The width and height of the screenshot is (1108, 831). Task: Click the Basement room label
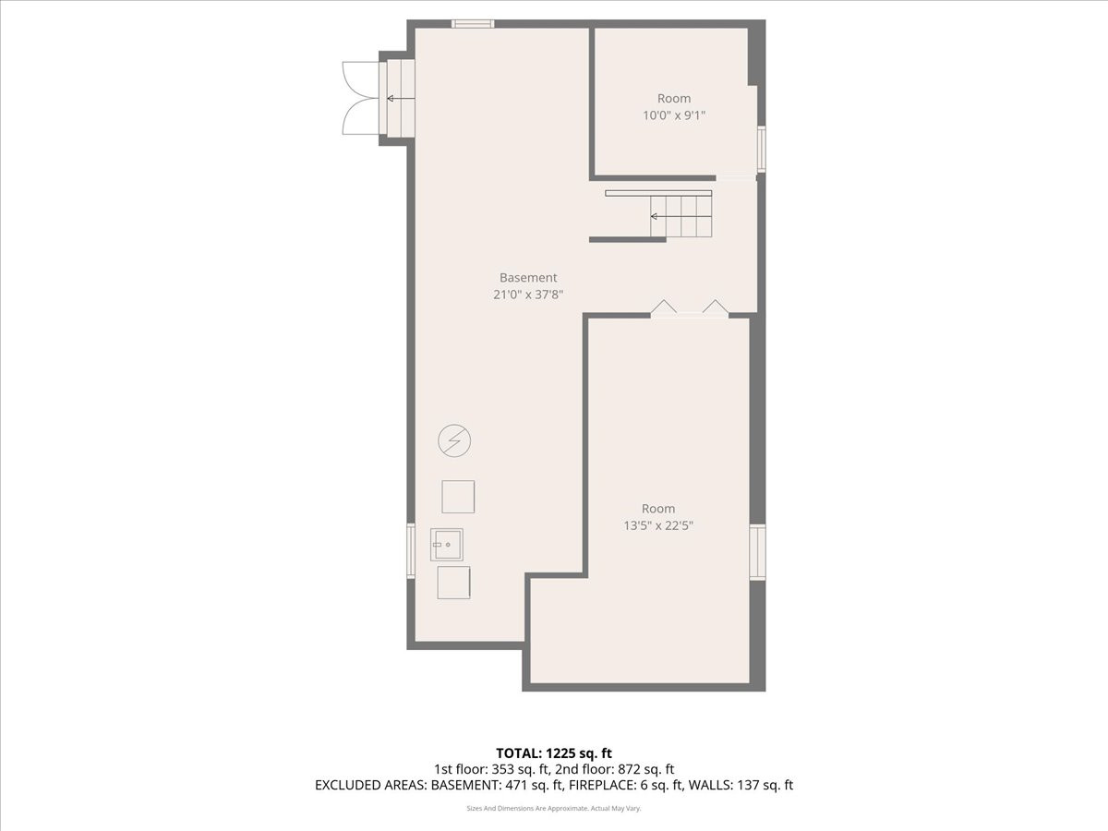tap(528, 278)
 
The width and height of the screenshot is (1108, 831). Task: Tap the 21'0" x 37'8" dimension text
tap(528, 295)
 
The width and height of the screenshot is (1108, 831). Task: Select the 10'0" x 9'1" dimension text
tap(673, 115)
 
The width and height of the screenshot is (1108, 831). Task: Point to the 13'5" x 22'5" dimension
tap(658, 525)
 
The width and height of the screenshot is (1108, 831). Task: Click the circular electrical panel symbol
tap(454, 440)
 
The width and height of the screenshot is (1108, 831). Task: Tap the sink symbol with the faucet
tap(447, 545)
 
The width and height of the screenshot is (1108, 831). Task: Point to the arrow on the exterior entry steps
tap(401, 99)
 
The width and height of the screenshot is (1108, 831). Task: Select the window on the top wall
tap(473, 24)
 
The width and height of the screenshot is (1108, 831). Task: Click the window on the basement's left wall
tap(411, 551)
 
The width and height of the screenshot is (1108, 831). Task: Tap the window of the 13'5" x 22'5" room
tap(757, 552)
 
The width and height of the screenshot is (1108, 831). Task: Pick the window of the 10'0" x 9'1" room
tap(761, 150)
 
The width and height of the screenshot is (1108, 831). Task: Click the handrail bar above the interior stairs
tap(658, 193)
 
